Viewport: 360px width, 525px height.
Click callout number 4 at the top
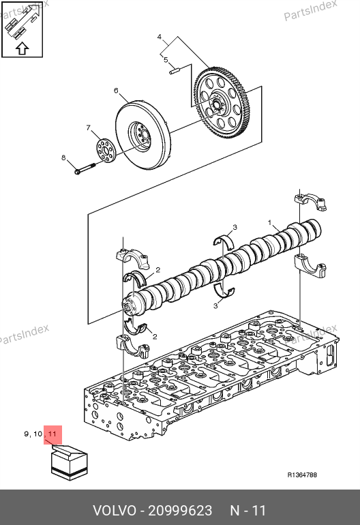(x=160, y=37)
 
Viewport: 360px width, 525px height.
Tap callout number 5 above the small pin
(x=166, y=59)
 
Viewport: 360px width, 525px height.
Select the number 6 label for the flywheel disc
(x=116, y=91)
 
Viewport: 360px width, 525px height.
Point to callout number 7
(x=89, y=127)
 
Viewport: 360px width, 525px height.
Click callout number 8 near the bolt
(x=63, y=157)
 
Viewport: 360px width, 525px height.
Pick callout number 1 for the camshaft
(x=269, y=222)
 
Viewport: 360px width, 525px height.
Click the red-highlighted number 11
(x=52, y=434)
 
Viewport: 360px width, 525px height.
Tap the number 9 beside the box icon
(x=27, y=434)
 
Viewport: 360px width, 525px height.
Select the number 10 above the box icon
(x=38, y=434)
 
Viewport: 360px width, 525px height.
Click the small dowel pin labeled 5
(x=175, y=72)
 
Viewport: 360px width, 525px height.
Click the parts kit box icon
(x=70, y=463)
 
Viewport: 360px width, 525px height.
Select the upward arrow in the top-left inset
(x=22, y=48)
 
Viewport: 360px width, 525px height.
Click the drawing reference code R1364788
(x=302, y=475)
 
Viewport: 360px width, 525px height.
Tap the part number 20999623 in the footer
(x=180, y=511)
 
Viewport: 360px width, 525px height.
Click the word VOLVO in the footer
(x=115, y=511)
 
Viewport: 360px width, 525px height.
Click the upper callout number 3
(x=235, y=227)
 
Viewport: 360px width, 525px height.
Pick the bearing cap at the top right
(x=311, y=202)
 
